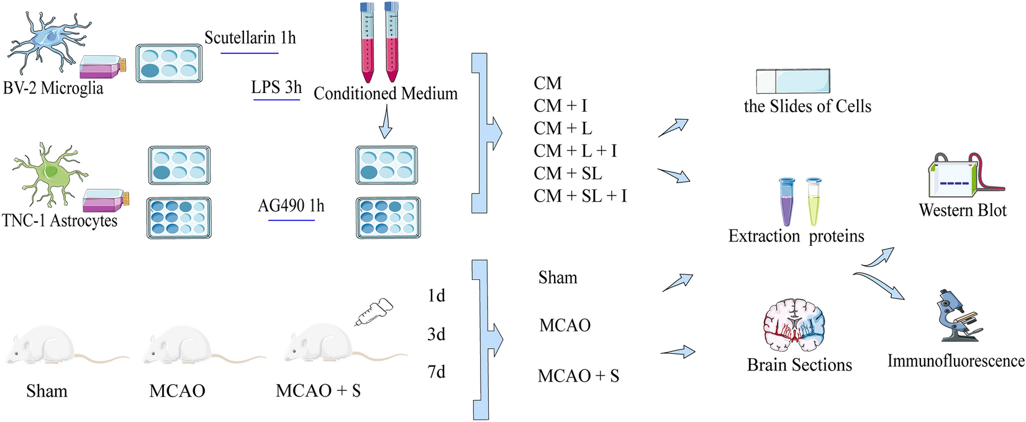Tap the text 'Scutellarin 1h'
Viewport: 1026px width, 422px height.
tap(250, 38)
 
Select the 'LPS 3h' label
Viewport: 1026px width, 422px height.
tap(276, 88)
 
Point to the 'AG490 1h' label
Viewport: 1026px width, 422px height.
tap(291, 205)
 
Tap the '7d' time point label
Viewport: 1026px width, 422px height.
tap(437, 372)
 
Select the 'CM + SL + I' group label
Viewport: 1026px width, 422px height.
tap(580, 196)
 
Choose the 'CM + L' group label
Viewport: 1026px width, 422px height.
tap(563, 128)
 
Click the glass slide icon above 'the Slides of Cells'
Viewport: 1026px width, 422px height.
tap(792, 81)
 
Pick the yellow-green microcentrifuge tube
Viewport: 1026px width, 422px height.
tap(814, 201)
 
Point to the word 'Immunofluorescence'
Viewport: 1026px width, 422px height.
tap(955, 361)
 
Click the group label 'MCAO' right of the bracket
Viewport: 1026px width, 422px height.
tap(565, 325)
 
